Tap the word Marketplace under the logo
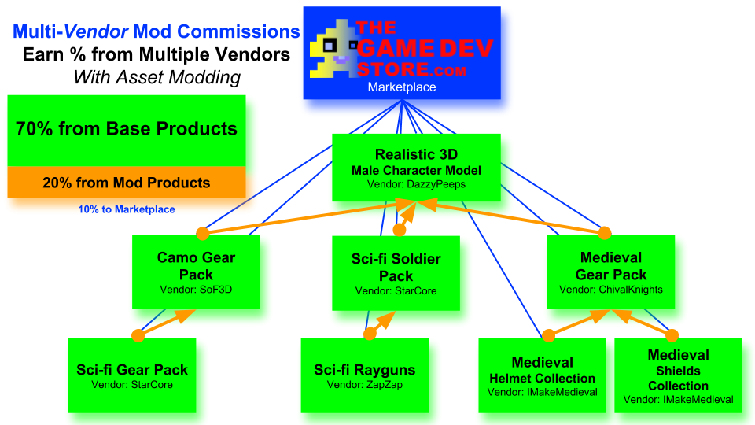click(402, 87)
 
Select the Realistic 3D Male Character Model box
click(416, 167)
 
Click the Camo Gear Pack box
click(196, 272)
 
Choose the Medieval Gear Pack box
click(611, 272)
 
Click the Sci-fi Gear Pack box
click(132, 375)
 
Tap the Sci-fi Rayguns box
click(364, 375)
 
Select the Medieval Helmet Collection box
click(543, 375)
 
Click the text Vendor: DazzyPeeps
click(416, 184)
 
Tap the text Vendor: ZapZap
click(364, 386)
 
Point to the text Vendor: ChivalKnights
click(611, 290)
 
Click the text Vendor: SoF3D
click(196, 289)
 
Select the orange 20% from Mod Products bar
click(127, 183)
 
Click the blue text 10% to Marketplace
click(127, 209)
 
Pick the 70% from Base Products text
click(127, 129)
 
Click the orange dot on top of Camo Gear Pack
click(202, 233)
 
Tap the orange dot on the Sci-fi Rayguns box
click(370, 334)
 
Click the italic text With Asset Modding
click(157, 77)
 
